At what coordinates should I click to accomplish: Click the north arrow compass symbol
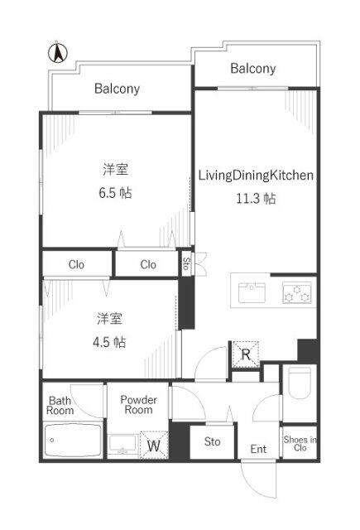point(57,53)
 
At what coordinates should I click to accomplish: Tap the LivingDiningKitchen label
point(256,176)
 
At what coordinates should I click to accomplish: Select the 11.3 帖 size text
point(256,198)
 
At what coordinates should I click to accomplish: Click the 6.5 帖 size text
point(115,193)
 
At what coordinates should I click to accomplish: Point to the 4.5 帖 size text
point(109,342)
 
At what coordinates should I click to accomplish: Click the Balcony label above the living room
point(253,69)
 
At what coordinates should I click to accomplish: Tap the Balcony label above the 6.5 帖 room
point(117,89)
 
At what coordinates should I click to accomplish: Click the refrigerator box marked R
point(246,354)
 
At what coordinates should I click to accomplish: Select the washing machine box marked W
point(154,445)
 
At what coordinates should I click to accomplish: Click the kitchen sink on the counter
point(252,292)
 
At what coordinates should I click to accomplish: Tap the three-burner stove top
point(297,292)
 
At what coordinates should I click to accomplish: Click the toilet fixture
point(300,383)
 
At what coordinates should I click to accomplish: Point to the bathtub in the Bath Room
point(73,440)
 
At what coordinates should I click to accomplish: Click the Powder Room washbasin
point(123,445)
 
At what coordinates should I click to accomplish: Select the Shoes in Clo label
point(300,444)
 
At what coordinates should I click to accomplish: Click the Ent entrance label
point(258,449)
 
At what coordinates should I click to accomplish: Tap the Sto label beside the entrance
point(212,441)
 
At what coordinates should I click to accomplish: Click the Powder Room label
point(138,405)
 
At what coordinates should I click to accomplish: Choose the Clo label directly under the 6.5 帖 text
point(148,264)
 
